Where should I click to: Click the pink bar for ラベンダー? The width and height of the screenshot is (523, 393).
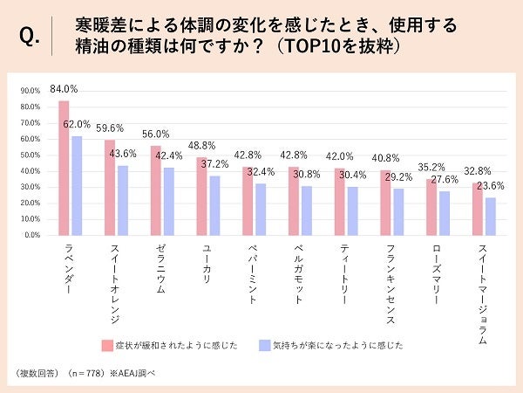(x=64, y=168)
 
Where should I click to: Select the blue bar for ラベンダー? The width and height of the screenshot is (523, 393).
(x=76, y=185)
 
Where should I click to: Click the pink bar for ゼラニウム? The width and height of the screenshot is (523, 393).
(x=156, y=190)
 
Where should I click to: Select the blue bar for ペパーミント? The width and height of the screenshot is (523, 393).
(x=260, y=209)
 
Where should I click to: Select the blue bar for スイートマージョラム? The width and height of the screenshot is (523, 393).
(x=490, y=216)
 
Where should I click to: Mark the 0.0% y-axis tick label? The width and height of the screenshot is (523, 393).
(x=31, y=235)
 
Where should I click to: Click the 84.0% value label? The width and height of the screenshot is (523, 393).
(x=65, y=88)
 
